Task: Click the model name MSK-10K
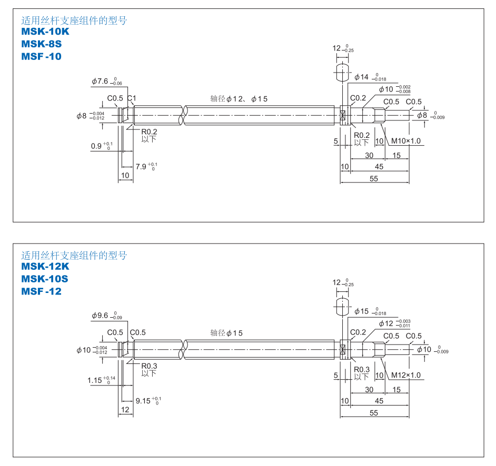click(45, 32)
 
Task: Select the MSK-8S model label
click(42, 44)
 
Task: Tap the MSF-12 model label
click(41, 291)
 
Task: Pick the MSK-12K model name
click(45, 266)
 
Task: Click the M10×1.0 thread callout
click(405, 141)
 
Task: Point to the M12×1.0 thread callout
click(405, 375)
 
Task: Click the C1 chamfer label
click(132, 98)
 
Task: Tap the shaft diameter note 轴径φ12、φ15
click(239, 98)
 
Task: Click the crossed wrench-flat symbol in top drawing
click(343, 115)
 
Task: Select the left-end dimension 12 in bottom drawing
click(125, 409)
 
